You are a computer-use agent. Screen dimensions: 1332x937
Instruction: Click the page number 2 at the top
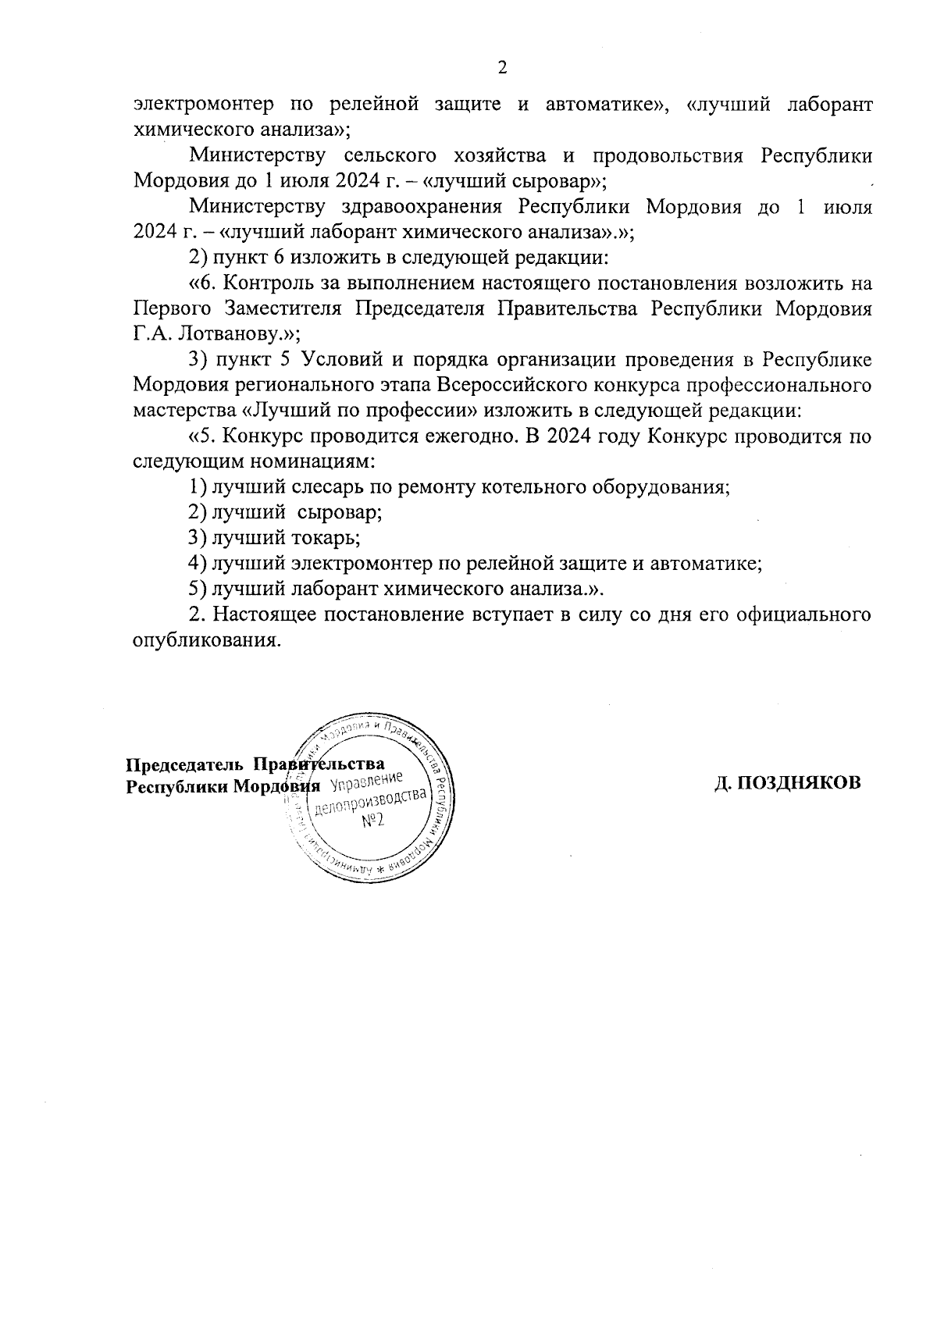point(502,68)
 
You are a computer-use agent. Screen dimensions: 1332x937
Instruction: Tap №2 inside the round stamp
point(372,823)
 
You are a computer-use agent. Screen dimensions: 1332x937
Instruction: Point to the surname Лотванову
point(226,333)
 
